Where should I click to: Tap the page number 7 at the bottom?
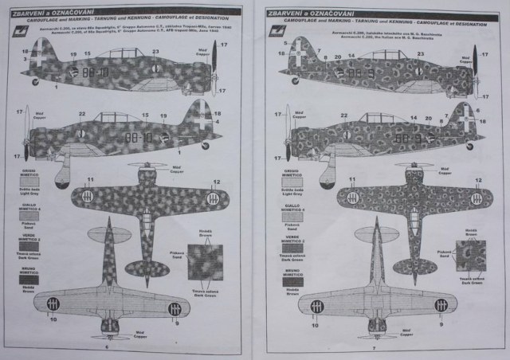372,349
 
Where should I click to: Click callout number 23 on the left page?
155,51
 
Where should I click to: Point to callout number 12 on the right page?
478,181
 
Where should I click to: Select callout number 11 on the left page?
90,179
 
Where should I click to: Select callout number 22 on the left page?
80,114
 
